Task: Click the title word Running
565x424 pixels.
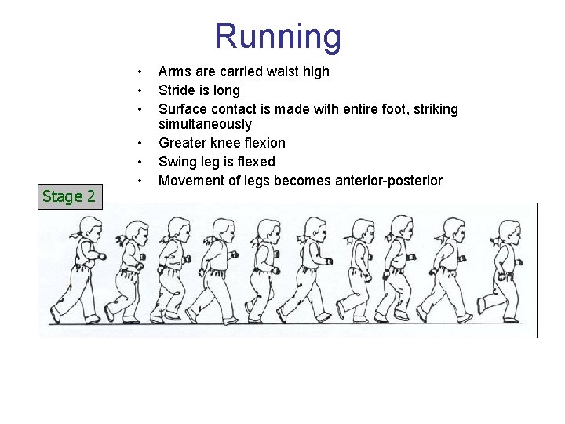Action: click(x=278, y=37)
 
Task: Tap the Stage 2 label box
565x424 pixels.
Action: click(x=69, y=196)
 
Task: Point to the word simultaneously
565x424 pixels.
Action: click(x=205, y=124)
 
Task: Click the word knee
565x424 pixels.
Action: click(x=226, y=143)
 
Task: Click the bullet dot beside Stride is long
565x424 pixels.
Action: click(x=138, y=90)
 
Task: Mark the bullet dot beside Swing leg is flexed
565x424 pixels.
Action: click(x=138, y=162)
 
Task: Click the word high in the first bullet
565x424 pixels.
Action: click(x=316, y=71)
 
